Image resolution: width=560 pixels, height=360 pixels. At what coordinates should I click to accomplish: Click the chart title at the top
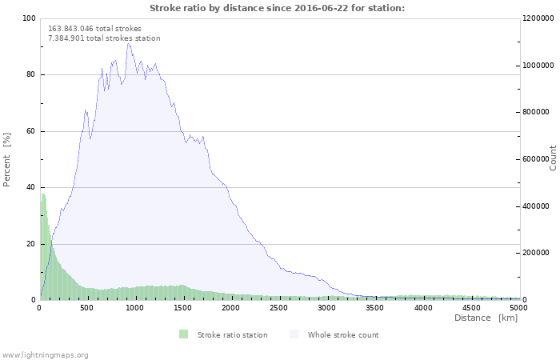[x=277, y=8]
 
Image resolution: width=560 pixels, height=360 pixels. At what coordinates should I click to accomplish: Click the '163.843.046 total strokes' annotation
[x=94, y=29]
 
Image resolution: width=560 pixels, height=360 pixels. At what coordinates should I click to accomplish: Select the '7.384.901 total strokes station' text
[x=104, y=38]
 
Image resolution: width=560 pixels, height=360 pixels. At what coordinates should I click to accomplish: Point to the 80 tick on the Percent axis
[x=30, y=74]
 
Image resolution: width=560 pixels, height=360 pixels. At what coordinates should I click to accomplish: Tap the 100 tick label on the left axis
[x=29, y=18]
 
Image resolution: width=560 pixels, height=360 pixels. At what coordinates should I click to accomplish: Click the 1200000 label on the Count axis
[x=538, y=18]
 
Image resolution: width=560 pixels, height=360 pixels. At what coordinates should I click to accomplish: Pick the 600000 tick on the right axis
[x=536, y=159]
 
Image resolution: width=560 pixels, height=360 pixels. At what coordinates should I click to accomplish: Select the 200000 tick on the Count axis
[x=536, y=253]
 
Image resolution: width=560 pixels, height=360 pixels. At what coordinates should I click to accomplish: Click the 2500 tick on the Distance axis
[x=278, y=308]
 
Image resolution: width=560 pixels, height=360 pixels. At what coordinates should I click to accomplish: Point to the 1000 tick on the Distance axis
[x=134, y=308]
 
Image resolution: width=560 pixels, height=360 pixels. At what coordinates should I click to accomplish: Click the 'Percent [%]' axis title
[x=6, y=160]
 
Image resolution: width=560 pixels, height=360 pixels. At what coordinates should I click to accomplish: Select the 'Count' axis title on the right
[x=553, y=158]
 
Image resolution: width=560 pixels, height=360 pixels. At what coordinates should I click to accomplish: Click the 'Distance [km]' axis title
[x=486, y=318]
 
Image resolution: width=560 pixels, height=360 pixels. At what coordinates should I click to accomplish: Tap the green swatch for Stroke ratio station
[x=183, y=334]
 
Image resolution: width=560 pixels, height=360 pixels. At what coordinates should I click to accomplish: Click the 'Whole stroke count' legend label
[x=343, y=335]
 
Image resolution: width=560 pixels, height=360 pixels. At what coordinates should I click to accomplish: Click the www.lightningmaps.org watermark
[x=44, y=355]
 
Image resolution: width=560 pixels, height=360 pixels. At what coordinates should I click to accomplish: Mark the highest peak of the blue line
[x=128, y=43]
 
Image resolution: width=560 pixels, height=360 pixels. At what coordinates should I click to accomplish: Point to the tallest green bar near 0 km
[x=43, y=246]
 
